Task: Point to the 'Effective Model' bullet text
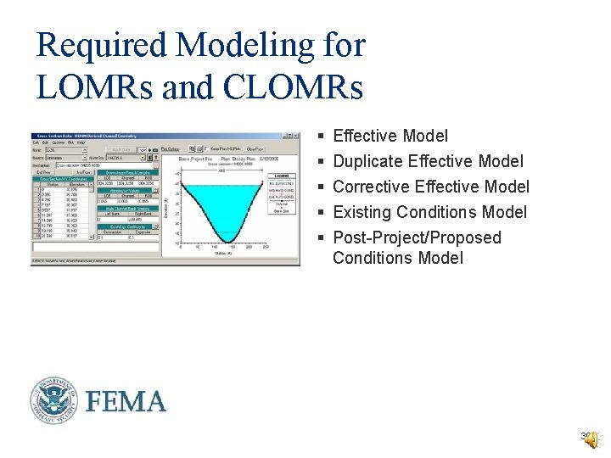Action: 390,136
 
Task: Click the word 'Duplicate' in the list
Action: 368,161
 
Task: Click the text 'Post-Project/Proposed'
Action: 417,237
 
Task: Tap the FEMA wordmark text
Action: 125,400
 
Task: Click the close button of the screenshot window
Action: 296,135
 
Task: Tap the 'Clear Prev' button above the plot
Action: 255,149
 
